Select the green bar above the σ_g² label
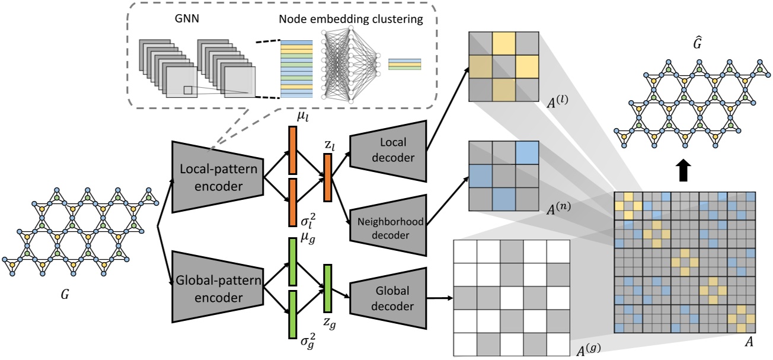pos(292,314)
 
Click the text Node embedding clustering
pos(352,20)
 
